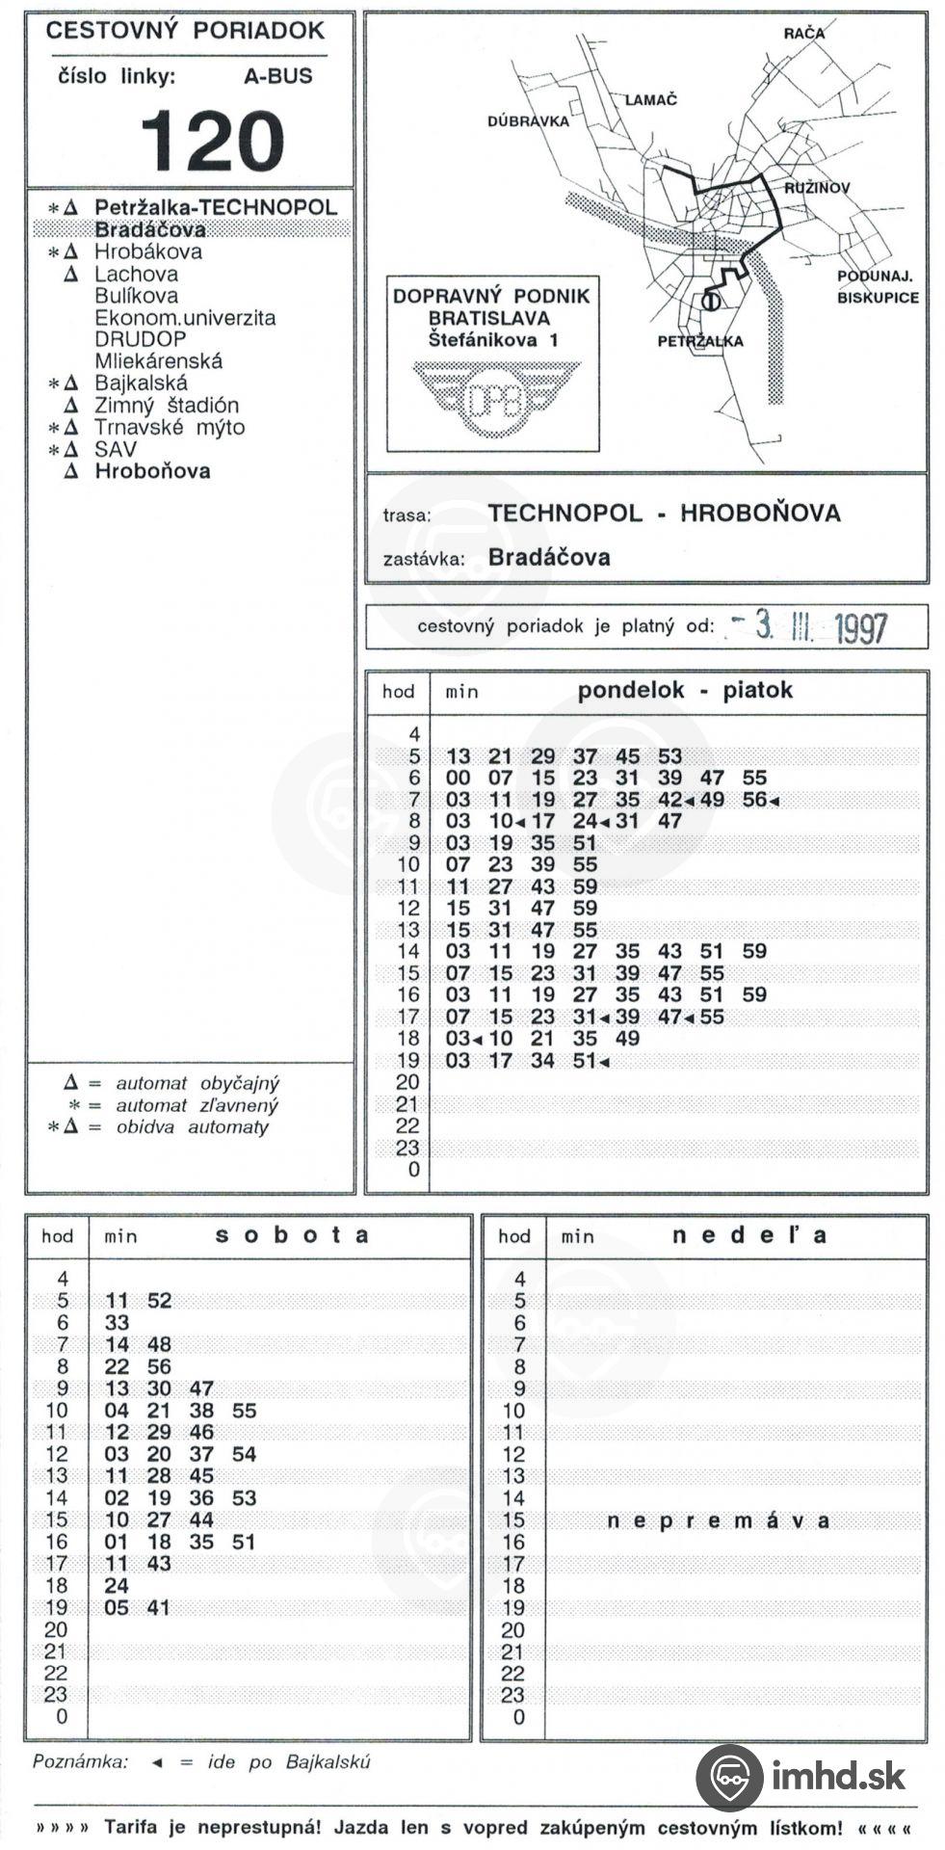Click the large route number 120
click(x=213, y=140)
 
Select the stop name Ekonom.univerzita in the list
click(x=184, y=317)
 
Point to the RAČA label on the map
click(x=803, y=34)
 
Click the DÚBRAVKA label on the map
click(x=528, y=121)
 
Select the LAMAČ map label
click(x=652, y=99)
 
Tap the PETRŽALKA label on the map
click(x=699, y=341)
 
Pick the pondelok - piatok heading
click(x=684, y=690)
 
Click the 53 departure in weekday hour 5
click(x=669, y=756)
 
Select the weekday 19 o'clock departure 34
click(x=542, y=1061)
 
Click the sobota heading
click(x=292, y=1235)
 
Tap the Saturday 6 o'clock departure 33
click(x=117, y=1323)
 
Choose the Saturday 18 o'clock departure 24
click(x=117, y=1585)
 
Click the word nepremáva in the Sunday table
click(x=719, y=1520)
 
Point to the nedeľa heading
click(x=749, y=1235)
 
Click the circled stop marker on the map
click(x=711, y=302)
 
